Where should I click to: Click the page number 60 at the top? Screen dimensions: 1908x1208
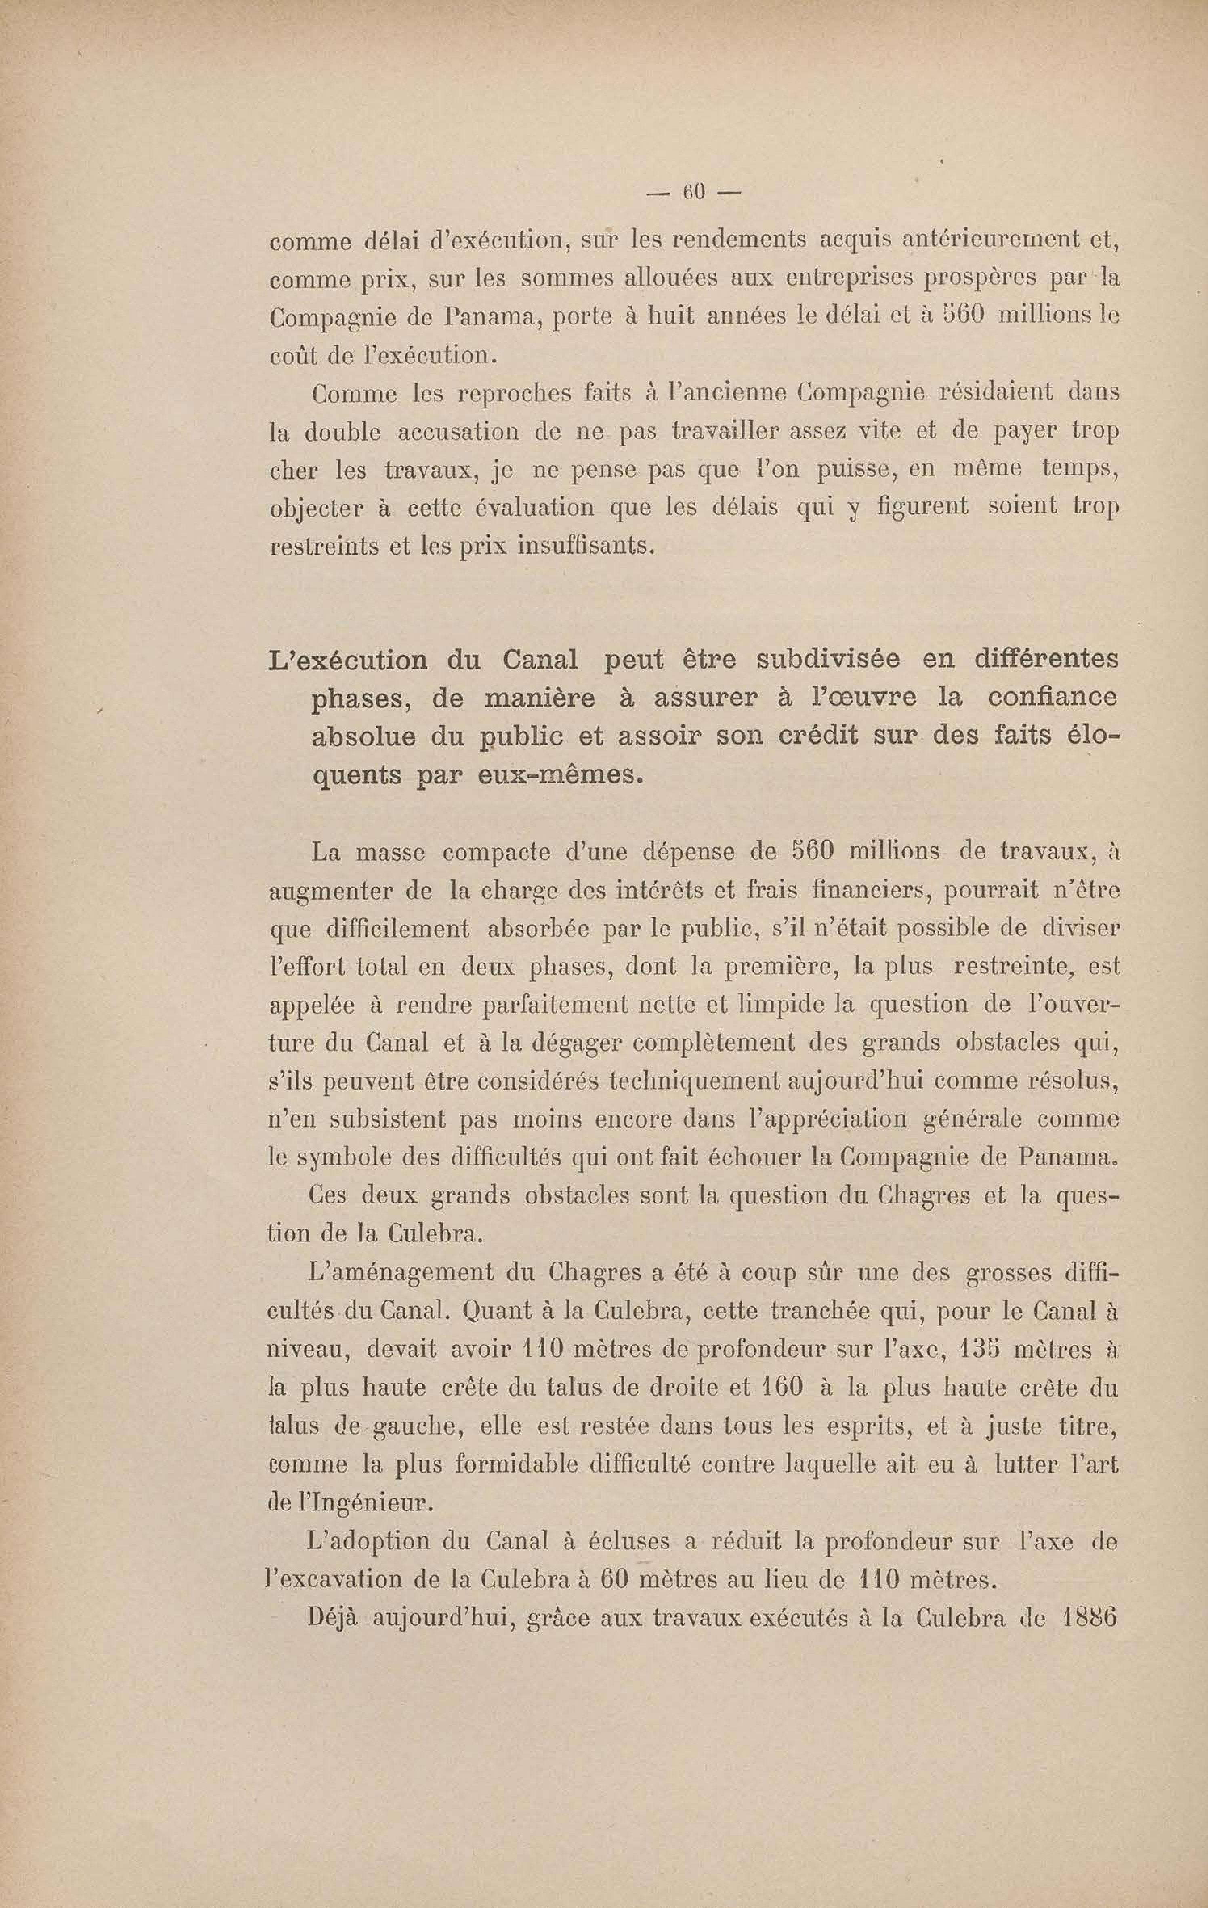click(694, 193)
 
